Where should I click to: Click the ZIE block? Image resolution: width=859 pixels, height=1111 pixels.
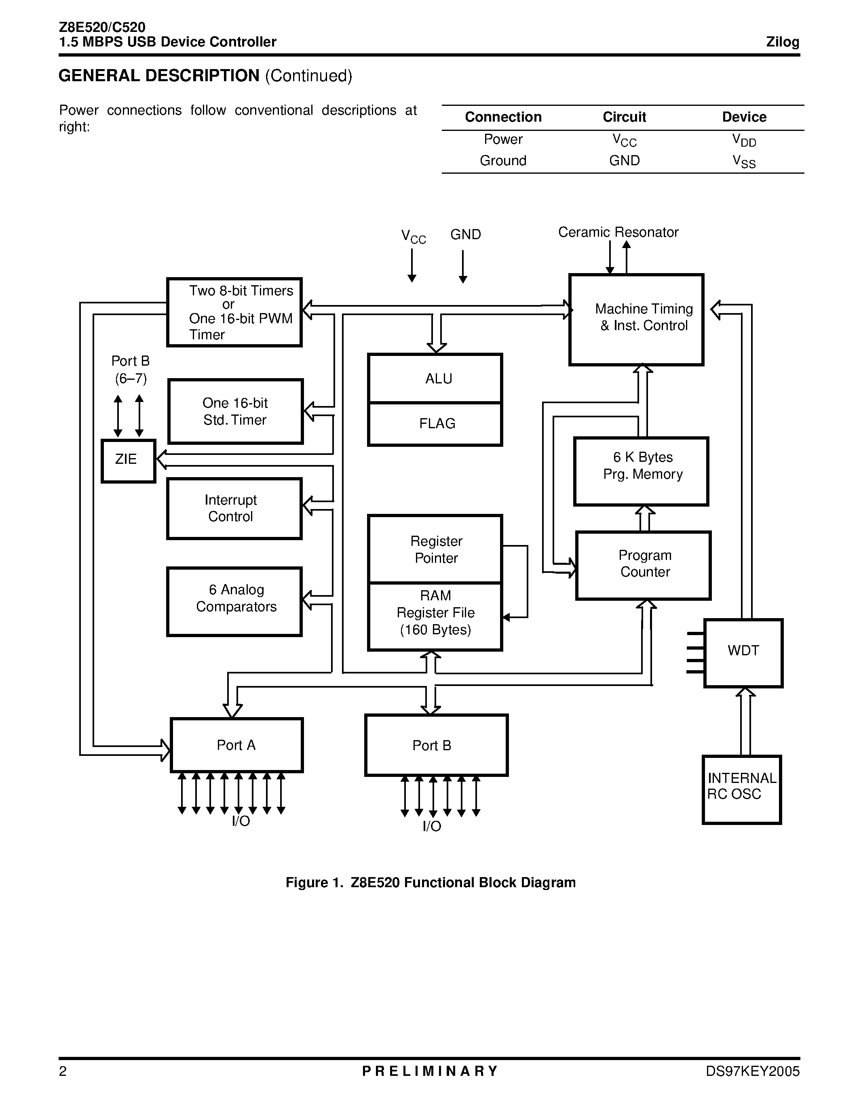128,461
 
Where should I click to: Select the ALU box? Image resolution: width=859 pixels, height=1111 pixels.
435,379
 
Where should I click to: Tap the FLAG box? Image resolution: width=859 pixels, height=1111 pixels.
435,424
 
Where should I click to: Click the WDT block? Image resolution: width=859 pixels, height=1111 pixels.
743,652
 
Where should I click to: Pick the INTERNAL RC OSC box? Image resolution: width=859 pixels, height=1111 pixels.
741,789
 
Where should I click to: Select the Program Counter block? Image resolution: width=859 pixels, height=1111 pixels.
643,565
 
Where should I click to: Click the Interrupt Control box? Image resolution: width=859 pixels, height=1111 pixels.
234,508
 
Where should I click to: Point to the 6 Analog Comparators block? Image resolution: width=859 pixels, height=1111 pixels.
234,601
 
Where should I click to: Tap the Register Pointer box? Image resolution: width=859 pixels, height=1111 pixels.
435,549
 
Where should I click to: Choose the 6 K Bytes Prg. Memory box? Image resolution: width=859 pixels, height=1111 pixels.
641,471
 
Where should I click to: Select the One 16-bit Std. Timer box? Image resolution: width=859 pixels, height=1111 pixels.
235,411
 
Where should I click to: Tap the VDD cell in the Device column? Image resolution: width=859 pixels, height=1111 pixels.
744,140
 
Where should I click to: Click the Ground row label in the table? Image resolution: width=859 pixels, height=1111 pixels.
503,161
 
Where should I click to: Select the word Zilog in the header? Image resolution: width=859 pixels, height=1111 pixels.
782,42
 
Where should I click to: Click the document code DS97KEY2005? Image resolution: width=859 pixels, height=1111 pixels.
752,1071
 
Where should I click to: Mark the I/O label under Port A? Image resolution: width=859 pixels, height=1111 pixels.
241,821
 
